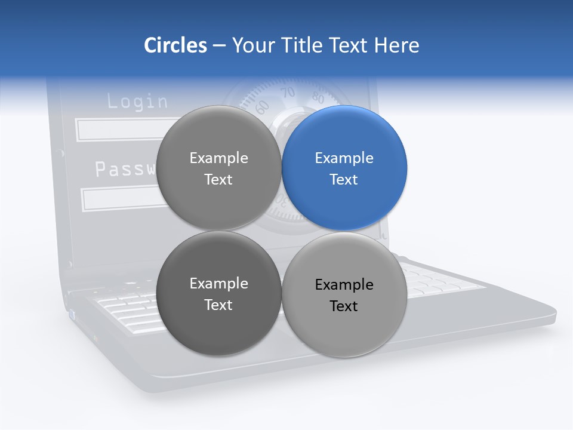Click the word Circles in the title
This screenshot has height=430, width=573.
click(x=175, y=45)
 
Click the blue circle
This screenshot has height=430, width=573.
click(x=344, y=168)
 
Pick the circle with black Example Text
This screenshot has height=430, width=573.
click(x=344, y=295)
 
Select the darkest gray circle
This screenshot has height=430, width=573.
click(x=218, y=294)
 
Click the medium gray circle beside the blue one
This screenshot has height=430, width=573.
click(x=218, y=168)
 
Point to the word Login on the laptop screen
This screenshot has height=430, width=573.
click(x=137, y=101)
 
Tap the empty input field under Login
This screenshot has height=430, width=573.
click(x=116, y=130)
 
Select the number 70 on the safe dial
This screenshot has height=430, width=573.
click(x=288, y=93)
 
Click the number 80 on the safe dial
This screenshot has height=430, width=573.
click(x=318, y=99)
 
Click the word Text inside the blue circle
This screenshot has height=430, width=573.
click(x=344, y=179)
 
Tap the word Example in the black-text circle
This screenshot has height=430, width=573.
click(x=344, y=285)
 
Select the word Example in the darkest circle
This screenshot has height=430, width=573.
click(x=218, y=284)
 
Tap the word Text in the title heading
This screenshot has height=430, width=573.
click(x=350, y=45)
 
